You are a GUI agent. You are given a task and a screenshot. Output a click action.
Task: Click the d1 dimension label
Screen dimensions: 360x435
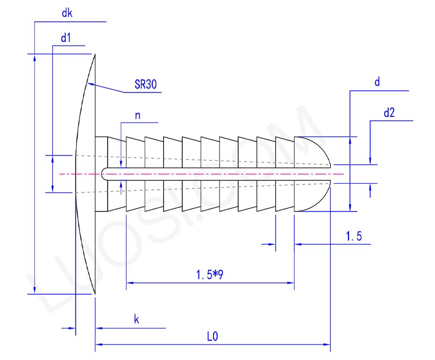(66, 38)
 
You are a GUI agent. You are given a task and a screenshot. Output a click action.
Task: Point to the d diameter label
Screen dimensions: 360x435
(377, 82)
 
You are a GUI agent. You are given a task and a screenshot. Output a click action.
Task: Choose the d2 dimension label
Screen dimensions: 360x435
(389, 113)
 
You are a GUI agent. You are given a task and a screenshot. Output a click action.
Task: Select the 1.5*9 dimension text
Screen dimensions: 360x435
(210, 275)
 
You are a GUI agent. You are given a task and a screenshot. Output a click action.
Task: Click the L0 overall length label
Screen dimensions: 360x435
(212, 337)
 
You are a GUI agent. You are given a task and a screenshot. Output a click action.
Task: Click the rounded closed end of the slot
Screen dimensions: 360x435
(103, 173)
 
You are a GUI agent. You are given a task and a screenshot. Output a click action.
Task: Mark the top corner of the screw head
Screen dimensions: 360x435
(95, 54)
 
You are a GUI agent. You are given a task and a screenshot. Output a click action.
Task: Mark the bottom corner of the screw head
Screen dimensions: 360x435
(95, 294)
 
